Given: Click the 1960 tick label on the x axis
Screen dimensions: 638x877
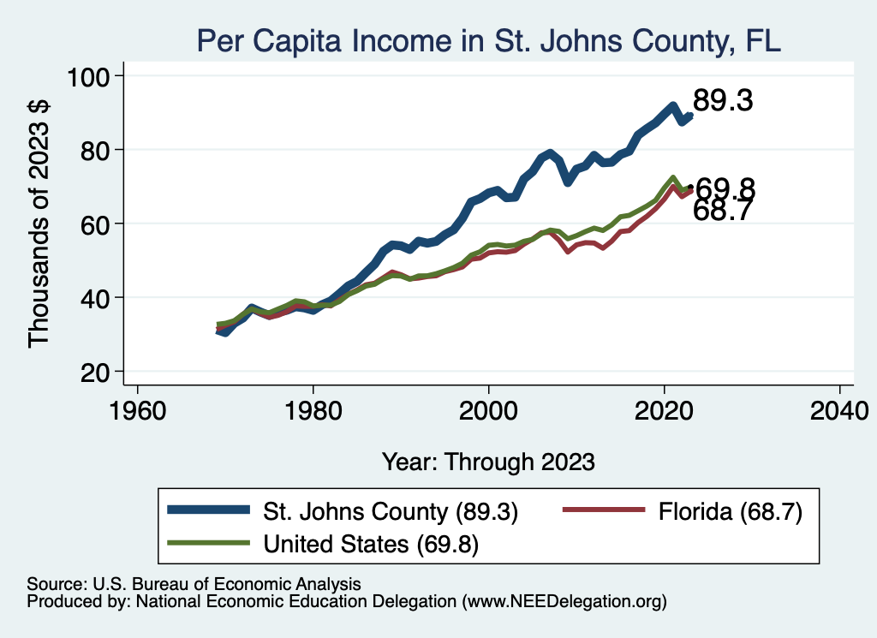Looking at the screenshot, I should point(137,408).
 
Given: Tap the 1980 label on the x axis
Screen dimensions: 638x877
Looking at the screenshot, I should point(313,408).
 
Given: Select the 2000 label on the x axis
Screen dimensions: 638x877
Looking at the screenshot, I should point(489,408).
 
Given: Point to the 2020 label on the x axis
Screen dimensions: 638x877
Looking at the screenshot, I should point(665,408).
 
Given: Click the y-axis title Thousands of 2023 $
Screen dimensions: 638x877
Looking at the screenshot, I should point(39,224).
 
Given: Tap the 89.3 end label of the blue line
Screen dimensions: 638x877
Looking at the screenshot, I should point(722,101).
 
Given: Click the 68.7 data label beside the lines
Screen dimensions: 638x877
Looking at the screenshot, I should point(722,212).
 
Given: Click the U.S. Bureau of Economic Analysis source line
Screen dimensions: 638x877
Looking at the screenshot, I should point(194,584).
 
